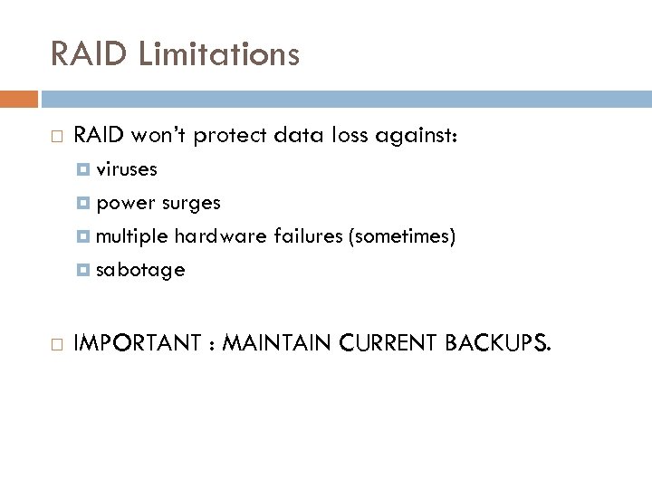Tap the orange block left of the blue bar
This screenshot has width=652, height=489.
(x=19, y=99)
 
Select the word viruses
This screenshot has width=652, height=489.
(x=127, y=169)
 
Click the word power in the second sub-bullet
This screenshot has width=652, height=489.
(x=123, y=203)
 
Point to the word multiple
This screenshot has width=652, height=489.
(x=132, y=236)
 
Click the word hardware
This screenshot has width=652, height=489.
(x=220, y=236)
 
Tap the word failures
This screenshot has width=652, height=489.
(x=307, y=236)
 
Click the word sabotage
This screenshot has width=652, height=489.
(x=140, y=270)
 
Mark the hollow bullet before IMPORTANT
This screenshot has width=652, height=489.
(x=56, y=342)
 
